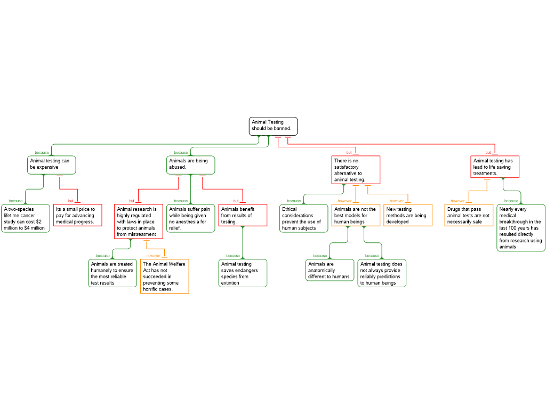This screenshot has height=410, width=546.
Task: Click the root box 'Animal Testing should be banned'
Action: point(273,126)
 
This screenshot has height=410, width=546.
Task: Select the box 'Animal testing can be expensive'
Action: point(52,165)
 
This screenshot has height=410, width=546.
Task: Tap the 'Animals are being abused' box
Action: point(190,165)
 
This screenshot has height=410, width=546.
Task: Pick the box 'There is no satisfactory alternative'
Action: point(356,170)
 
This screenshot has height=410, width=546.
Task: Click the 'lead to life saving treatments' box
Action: point(495,167)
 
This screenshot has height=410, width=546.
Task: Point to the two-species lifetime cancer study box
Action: point(26,218)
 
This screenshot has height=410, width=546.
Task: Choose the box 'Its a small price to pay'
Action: point(78,215)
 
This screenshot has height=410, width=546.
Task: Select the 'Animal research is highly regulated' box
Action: point(139,222)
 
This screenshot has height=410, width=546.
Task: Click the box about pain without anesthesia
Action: point(190,218)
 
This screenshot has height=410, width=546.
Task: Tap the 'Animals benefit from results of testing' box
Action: point(243,215)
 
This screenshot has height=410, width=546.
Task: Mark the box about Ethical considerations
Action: point(303,218)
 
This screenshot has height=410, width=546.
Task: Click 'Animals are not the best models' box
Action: point(356,215)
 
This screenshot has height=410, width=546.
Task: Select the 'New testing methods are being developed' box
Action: point(408,215)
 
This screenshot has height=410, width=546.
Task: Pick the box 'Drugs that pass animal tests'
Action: point(469,215)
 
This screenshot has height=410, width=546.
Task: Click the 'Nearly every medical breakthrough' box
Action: point(521,227)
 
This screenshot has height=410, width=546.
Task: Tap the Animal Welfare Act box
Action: point(165,276)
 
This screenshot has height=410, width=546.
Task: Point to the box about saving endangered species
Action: point(243,273)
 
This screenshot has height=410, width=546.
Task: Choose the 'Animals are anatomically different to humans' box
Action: point(330,270)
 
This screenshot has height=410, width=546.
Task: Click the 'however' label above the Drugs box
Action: point(457,201)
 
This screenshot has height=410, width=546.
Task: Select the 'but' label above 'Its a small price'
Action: point(71,201)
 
